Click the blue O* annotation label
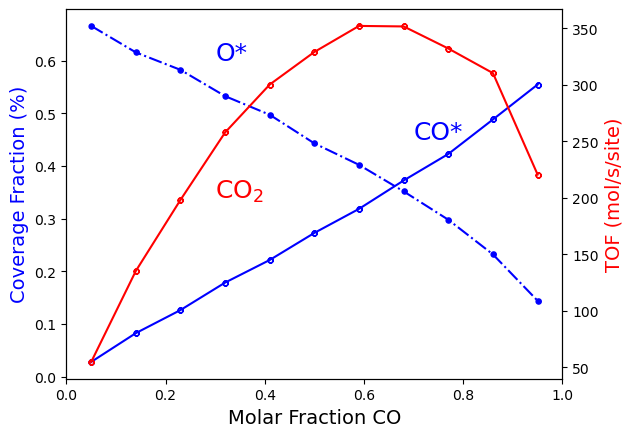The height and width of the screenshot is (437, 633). [231, 53]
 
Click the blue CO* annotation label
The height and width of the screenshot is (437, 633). [438, 132]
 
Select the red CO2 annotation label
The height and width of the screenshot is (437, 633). [240, 190]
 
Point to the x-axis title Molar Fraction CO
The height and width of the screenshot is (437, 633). [314, 418]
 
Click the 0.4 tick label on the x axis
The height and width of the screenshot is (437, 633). [265, 395]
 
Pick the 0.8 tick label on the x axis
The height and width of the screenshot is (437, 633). [463, 395]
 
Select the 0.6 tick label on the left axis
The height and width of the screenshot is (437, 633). [46, 61]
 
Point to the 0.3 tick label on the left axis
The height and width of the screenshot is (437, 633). [46, 219]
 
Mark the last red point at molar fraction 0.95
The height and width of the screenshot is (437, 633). [538, 175]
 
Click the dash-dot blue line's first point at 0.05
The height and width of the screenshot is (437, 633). [91, 26]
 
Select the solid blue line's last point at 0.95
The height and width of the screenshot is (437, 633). [538, 85]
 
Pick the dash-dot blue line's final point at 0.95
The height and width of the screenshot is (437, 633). [538, 301]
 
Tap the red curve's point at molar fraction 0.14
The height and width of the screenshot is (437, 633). [136, 271]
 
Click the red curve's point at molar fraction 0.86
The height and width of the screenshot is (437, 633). [493, 73]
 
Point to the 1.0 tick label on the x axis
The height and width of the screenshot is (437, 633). [562, 395]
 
